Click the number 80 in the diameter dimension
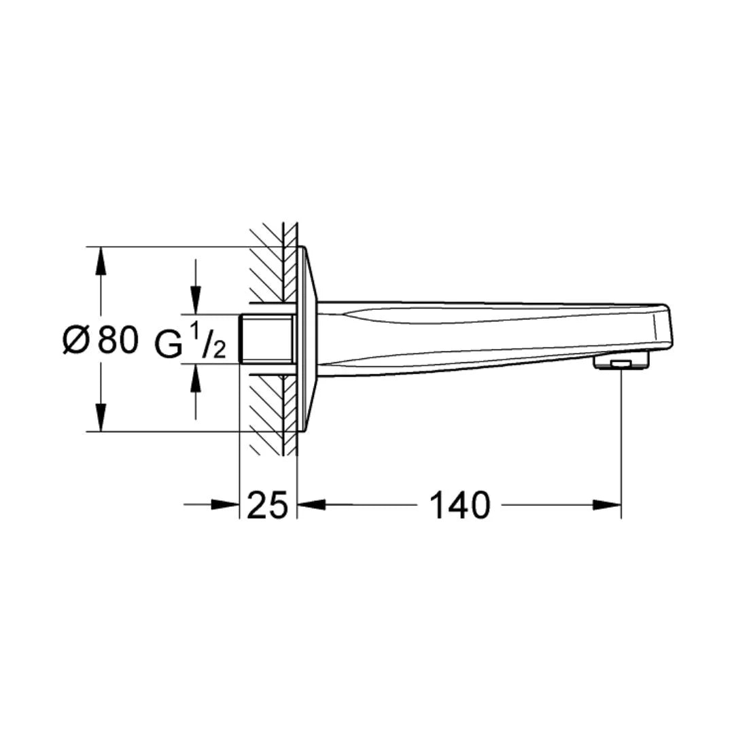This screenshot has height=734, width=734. [x=118, y=340]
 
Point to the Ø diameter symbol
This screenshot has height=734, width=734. [x=75, y=340]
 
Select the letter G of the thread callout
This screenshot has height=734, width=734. [x=169, y=343]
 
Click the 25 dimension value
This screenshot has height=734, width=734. [x=267, y=506]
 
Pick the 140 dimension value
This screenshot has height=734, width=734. [x=459, y=506]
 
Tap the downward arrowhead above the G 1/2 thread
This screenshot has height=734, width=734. [x=196, y=300]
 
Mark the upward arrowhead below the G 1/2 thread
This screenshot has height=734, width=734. [x=196, y=379]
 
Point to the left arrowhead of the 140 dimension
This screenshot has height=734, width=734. [x=312, y=505]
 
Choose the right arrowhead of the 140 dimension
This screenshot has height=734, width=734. [x=607, y=505]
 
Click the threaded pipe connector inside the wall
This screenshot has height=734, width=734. [x=266, y=339]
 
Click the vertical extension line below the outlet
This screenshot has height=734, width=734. [x=621, y=442]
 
